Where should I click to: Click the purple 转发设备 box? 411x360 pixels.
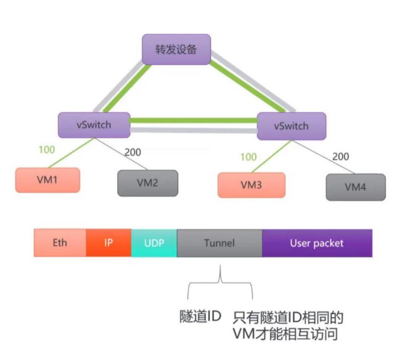tap(176, 50)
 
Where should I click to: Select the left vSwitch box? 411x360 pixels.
tap(94, 125)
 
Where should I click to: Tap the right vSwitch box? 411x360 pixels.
tap(291, 126)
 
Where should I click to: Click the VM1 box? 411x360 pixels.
tap(47, 180)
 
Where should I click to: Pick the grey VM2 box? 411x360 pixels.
tap(148, 183)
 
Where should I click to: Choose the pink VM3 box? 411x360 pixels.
tap(251, 184)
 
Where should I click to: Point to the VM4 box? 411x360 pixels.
tap(355, 187)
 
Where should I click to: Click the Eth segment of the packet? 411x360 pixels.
tap(60, 243)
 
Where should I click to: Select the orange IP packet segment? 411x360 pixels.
tap(109, 243)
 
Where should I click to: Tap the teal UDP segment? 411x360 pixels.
tap(154, 243)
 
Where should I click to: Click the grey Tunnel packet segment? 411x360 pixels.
tap(219, 243)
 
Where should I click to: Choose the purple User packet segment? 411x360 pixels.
tap(317, 243)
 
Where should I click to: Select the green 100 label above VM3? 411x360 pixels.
tap(249, 157)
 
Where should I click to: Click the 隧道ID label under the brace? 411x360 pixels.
tap(200, 317)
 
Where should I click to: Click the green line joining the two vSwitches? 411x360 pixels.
tap(193, 121)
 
